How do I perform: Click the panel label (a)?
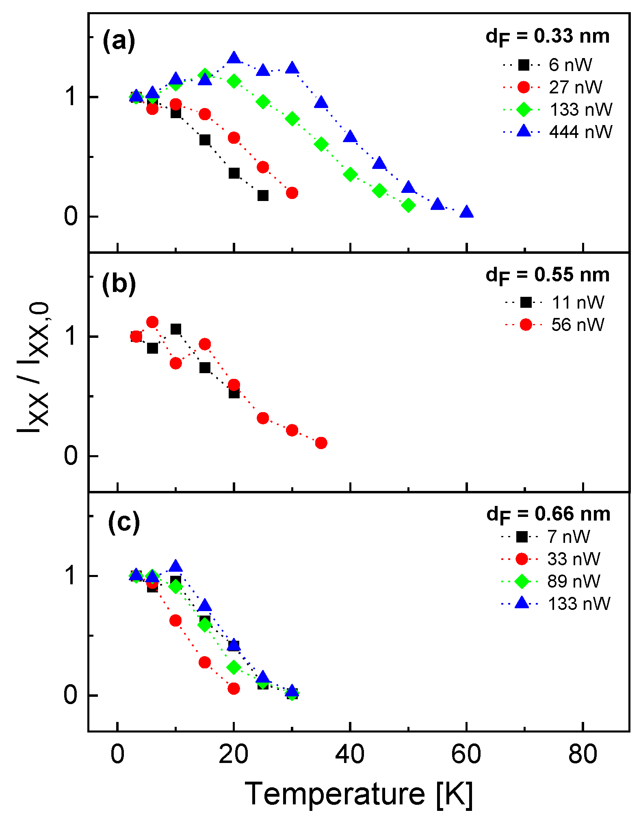tap(119, 41)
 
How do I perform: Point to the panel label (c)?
tap(123, 523)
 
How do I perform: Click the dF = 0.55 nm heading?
tap(548, 275)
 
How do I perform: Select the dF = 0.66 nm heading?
tap(548, 514)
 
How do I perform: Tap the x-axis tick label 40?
tap(350, 754)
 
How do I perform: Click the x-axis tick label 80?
tap(583, 754)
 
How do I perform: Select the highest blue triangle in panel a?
tap(234, 58)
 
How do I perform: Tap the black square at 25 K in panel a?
tap(263, 196)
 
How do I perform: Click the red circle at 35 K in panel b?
tap(321, 443)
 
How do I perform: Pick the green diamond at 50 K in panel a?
tap(408, 205)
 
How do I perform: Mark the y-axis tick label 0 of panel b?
tap(71, 456)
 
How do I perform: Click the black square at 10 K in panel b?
tap(175, 329)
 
